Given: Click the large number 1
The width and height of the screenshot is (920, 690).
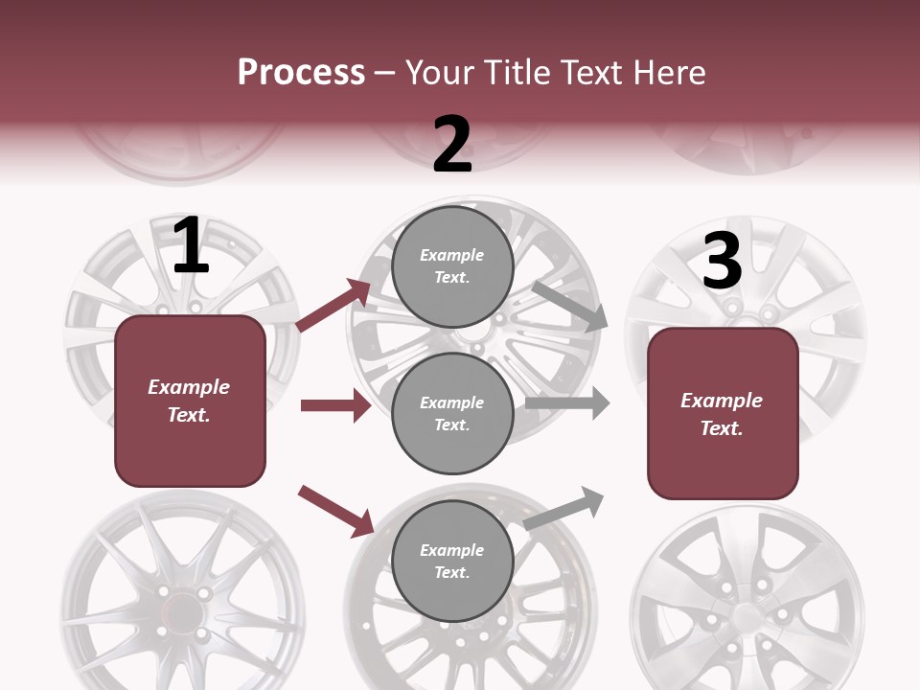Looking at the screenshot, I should pos(191,246).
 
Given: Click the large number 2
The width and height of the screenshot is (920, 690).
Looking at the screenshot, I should pos(452,145).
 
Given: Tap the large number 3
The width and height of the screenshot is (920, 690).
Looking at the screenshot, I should pos(722,262).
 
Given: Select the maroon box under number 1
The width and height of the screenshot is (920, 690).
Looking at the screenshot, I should pos(190,401).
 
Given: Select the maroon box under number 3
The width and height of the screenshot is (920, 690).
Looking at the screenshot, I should pos(723,414).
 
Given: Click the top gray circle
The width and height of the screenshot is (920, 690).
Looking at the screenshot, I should pos(452,266).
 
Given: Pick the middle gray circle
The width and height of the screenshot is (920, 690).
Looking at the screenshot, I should pos(452,413).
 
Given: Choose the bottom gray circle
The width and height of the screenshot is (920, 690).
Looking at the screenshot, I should pos(452,561).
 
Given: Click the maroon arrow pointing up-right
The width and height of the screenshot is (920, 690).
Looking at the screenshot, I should pos(333,306).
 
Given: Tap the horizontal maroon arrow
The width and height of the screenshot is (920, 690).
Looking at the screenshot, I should pos(335,405).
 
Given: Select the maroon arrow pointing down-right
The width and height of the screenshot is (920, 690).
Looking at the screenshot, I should pos(336,511).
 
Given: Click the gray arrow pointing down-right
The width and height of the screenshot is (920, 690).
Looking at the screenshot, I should pos(570,306).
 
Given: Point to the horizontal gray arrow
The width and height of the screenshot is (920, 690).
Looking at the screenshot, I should pos(567,402).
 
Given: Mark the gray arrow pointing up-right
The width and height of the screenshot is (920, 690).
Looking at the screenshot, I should pos(565,508).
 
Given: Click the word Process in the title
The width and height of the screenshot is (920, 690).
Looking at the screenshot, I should pos(301,72).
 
